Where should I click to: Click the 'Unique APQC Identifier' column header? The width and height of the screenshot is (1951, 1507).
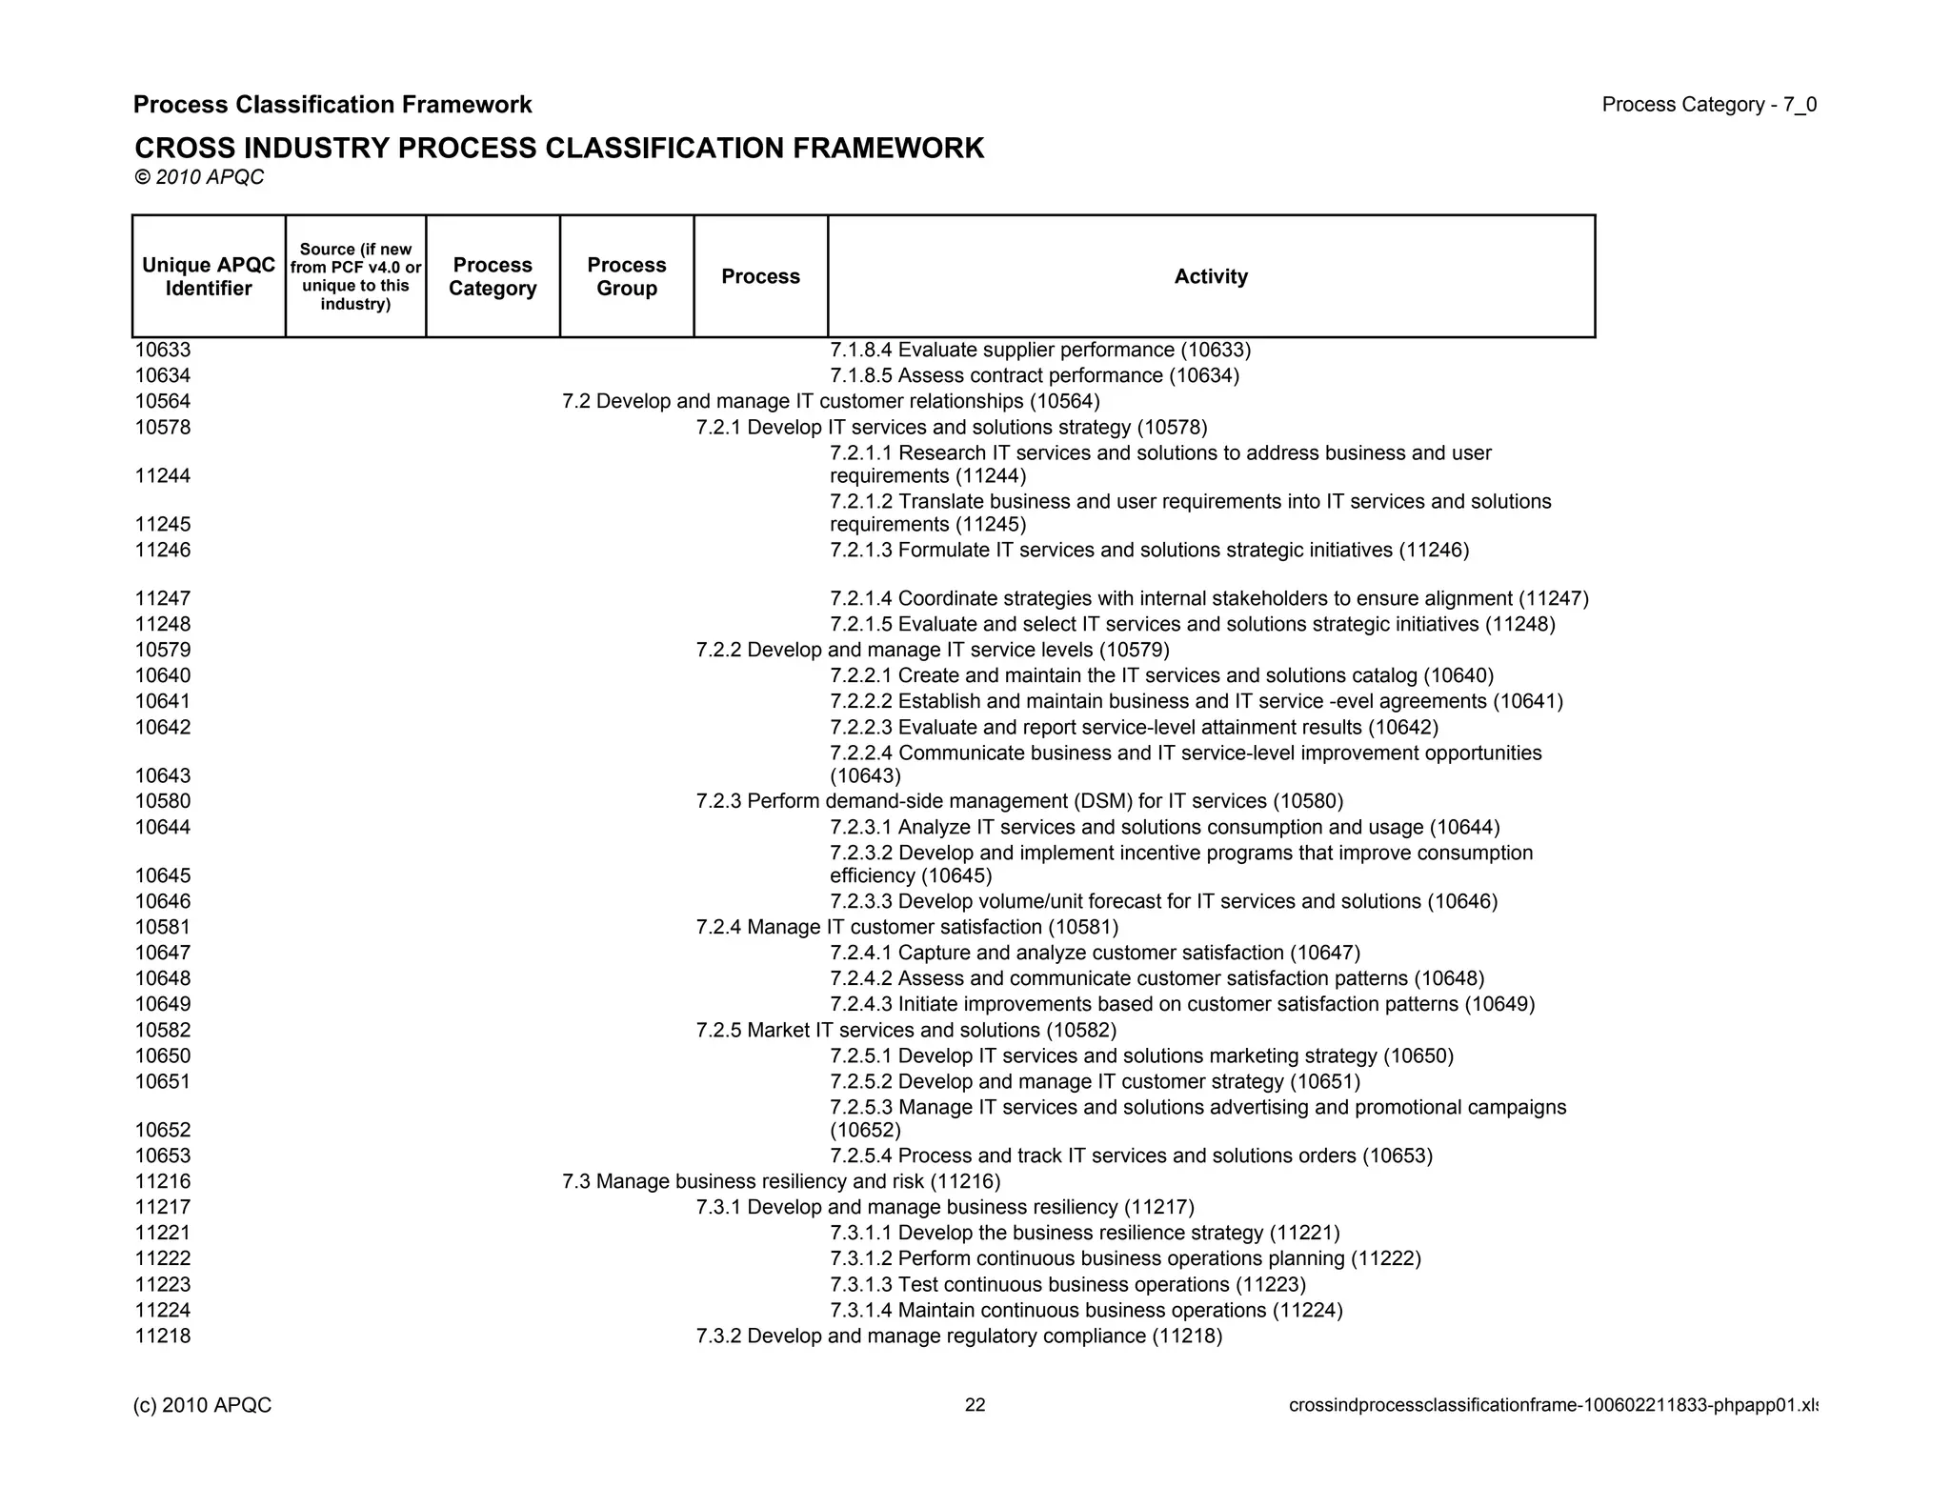(x=209, y=276)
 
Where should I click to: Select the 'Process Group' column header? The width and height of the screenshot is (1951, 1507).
(x=626, y=276)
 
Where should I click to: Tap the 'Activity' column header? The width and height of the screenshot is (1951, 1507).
(x=1210, y=276)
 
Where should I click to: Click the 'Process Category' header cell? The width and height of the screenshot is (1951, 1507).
(x=493, y=276)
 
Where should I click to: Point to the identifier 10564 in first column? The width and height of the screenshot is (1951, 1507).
(x=163, y=401)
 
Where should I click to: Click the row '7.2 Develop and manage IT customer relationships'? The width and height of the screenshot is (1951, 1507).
(x=830, y=401)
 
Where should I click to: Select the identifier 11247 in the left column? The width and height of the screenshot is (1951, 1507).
(x=163, y=598)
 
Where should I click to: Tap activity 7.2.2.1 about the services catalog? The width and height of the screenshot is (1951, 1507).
(x=1161, y=675)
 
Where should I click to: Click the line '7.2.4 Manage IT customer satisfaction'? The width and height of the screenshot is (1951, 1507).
(x=907, y=927)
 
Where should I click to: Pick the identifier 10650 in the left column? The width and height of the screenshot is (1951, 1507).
(x=163, y=1055)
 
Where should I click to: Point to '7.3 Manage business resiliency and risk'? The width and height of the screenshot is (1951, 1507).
(x=781, y=1181)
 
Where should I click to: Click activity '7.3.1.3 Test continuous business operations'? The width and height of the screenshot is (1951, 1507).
(x=1067, y=1284)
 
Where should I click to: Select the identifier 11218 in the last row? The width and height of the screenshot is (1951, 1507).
(x=163, y=1336)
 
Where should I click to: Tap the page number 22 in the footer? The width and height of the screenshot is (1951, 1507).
(x=975, y=1405)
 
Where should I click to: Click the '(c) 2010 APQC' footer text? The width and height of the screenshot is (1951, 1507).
(x=203, y=1405)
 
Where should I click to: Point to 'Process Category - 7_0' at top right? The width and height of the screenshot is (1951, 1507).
(x=1708, y=105)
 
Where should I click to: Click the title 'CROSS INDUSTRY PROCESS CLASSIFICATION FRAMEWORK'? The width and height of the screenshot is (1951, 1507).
(x=559, y=149)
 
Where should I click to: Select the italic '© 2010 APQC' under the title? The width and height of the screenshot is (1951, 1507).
(x=199, y=177)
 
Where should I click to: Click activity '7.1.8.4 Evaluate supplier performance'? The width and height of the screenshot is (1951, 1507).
(x=1040, y=350)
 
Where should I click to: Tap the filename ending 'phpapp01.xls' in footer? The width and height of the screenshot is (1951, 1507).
(x=1553, y=1405)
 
